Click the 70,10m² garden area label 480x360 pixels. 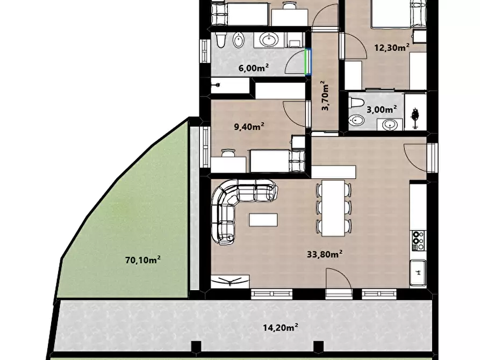(143, 260)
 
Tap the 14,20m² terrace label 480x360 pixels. (281, 328)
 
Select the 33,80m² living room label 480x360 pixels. (325, 254)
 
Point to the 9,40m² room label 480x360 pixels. (249, 126)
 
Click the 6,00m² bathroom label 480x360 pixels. (254, 67)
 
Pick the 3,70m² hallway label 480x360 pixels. (325, 96)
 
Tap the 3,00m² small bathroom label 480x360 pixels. (382, 109)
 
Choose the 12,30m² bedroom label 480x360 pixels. (392, 47)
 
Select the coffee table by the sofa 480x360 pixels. (263, 220)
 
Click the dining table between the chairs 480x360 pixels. (333, 208)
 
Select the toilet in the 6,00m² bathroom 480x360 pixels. (220, 40)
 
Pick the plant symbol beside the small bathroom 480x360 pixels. (415, 116)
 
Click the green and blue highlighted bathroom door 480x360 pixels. (308, 62)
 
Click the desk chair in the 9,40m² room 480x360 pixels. (228, 153)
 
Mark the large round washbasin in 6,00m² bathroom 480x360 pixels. (269, 40)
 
